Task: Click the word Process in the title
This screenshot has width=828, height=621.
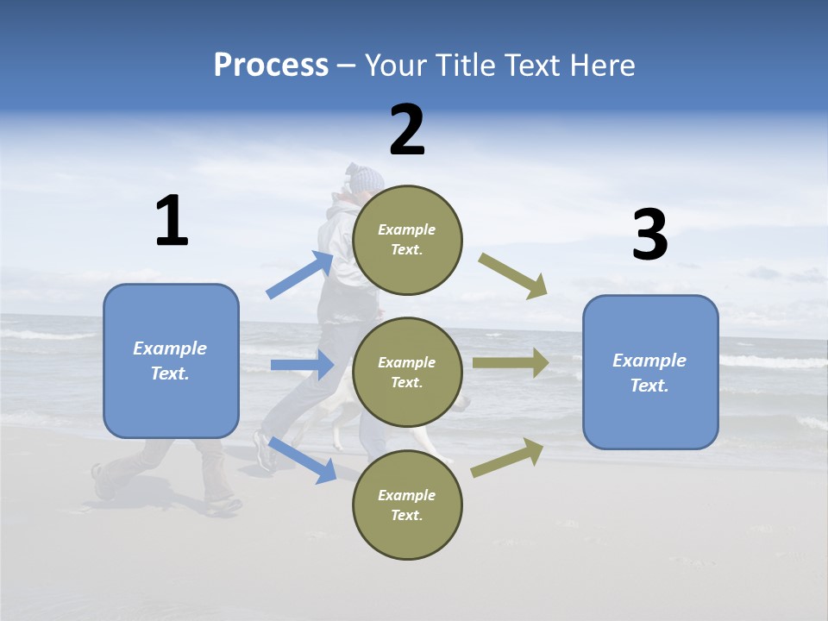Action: [271, 66]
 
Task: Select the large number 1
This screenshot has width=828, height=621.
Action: [172, 221]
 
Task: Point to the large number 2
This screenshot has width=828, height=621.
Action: [407, 130]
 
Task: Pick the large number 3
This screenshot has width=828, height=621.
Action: [649, 235]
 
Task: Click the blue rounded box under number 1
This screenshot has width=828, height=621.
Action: [171, 361]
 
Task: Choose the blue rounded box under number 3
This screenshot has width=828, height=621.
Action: [650, 372]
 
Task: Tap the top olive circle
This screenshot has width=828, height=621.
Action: [407, 239]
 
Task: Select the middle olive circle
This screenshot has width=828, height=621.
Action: [407, 372]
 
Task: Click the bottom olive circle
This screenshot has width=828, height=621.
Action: [407, 505]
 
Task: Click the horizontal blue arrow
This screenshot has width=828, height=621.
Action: [302, 365]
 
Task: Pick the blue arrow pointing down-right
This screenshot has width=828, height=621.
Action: [303, 460]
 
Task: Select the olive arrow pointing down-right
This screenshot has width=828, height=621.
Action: [513, 276]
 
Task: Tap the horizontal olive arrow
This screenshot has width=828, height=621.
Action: [511, 363]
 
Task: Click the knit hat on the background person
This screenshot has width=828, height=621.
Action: [366, 179]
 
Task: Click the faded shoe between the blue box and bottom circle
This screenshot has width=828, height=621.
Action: [265, 450]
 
